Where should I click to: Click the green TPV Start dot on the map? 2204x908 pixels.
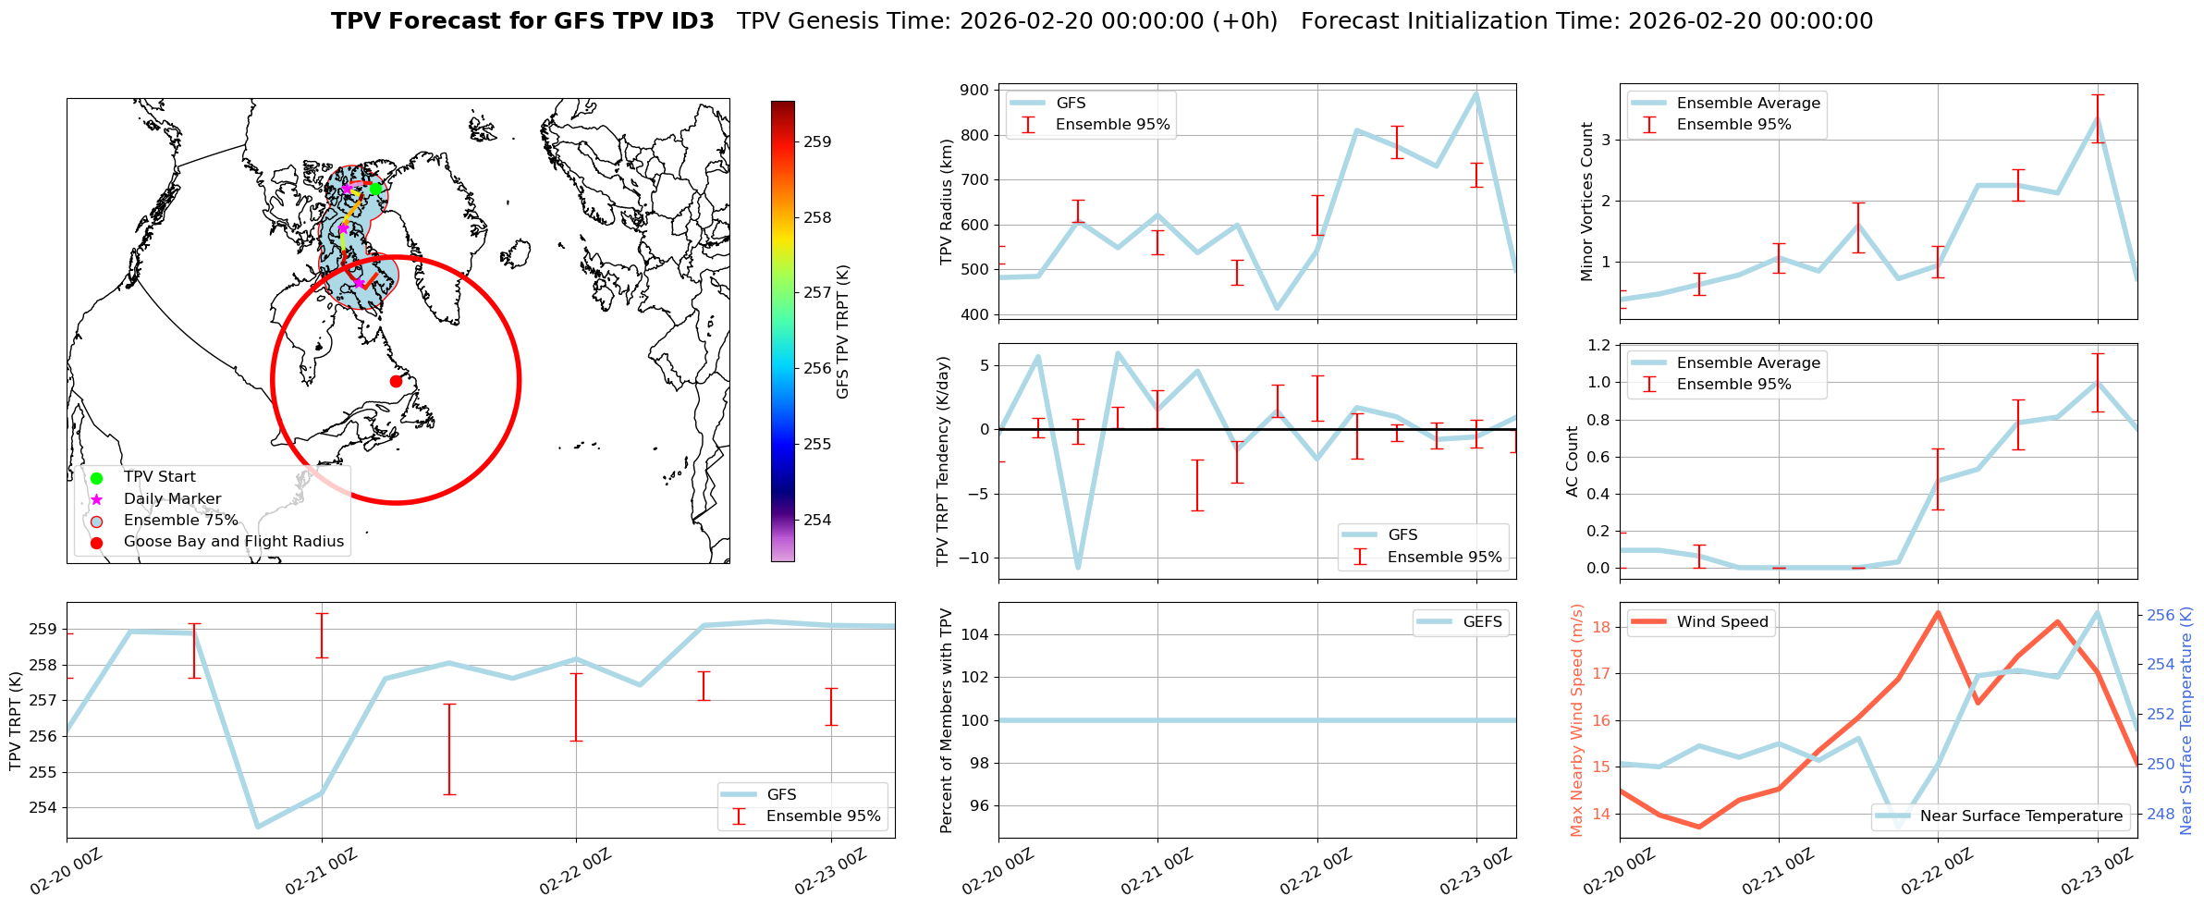(x=375, y=189)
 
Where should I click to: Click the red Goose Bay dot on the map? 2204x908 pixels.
(x=396, y=381)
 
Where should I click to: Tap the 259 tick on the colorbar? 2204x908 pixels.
(x=816, y=142)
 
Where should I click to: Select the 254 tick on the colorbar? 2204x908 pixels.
(x=816, y=521)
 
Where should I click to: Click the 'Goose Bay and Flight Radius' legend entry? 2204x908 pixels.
(x=233, y=542)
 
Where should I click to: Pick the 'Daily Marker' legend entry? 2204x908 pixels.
(x=172, y=499)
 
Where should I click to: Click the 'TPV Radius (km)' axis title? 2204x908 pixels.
(x=946, y=202)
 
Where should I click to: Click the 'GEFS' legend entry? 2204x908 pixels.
(x=1482, y=622)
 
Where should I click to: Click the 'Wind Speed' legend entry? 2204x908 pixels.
(x=1721, y=622)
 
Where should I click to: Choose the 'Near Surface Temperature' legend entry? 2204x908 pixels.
(x=2020, y=816)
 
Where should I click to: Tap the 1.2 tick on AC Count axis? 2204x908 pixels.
(x=1598, y=346)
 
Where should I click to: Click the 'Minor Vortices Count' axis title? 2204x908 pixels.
(x=1587, y=202)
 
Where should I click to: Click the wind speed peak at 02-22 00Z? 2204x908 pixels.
(x=1938, y=612)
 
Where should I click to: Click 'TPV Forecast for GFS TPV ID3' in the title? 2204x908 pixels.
(x=522, y=21)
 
